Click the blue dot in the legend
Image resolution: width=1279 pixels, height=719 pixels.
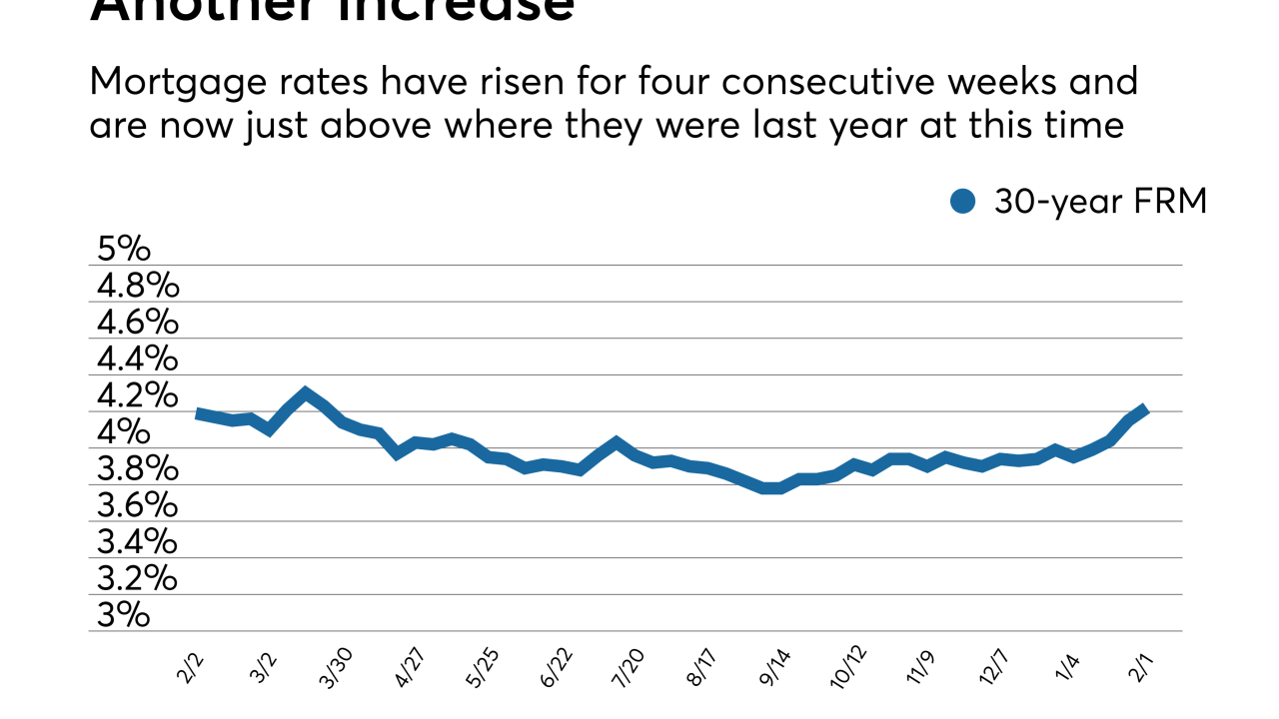(962, 202)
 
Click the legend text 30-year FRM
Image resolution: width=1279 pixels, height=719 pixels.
(1100, 202)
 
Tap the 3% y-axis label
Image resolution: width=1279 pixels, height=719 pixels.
(123, 615)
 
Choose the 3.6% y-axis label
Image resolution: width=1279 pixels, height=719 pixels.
(137, 505)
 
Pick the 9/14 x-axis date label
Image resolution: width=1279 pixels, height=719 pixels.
(775, 668)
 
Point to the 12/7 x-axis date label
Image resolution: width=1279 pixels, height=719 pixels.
(991, 668)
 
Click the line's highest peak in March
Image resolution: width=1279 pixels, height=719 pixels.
(306, 391)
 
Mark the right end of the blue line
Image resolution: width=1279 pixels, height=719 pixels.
(1145, 409)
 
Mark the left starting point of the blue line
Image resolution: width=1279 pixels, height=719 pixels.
(198, 412)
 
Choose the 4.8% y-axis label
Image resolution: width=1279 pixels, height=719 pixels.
(137, 287)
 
